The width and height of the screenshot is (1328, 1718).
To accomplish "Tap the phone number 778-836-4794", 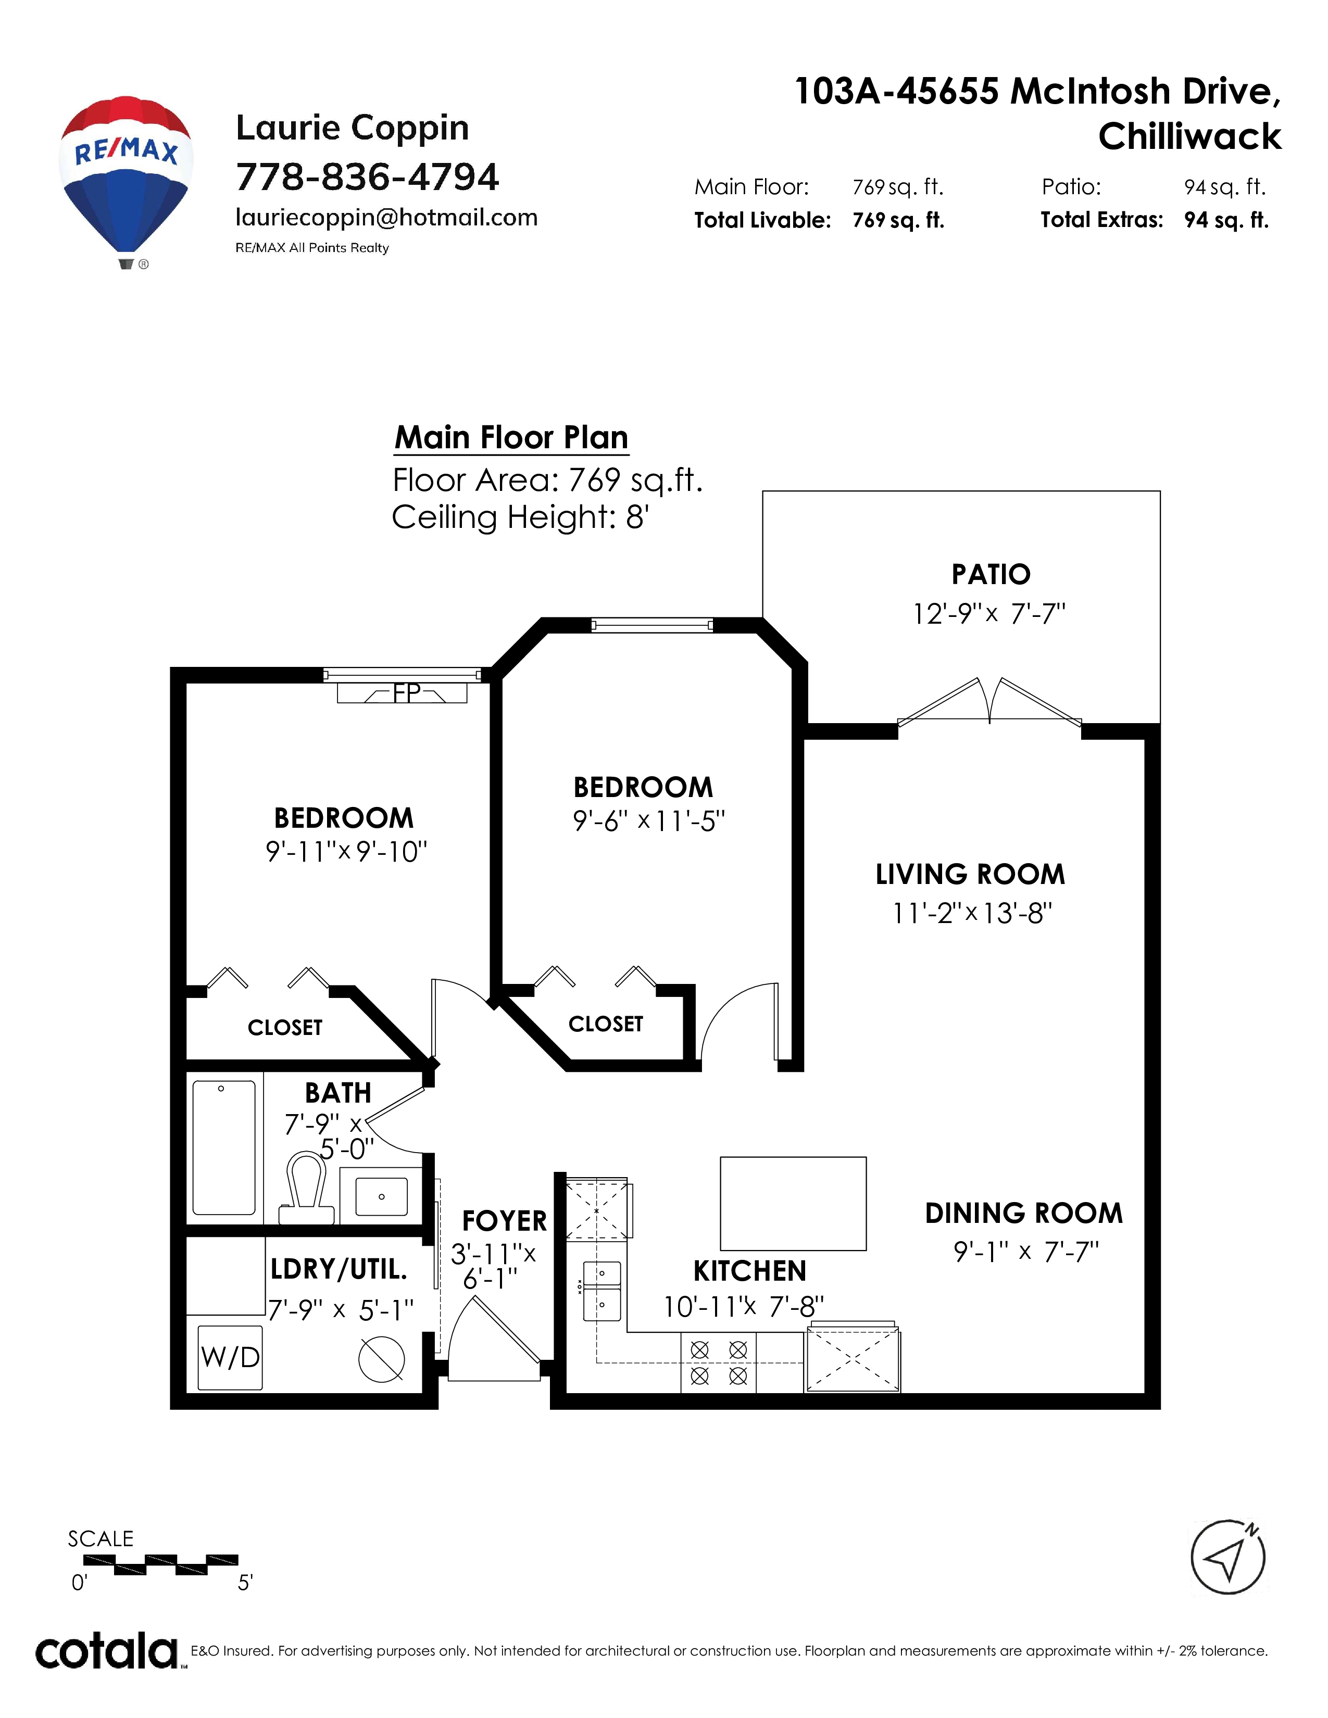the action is (367, 177).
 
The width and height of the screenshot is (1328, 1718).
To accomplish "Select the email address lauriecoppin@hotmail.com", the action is (386, 218).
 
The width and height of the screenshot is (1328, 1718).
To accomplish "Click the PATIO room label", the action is (991, 574).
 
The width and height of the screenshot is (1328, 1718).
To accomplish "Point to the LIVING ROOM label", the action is (970, 875).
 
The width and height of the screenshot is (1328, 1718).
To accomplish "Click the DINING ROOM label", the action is (1023, 1213).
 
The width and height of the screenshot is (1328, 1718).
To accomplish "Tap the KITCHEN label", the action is (750, 1271).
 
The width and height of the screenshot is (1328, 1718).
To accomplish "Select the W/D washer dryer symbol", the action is (230, 1357).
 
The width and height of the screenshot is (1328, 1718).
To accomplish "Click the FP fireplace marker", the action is (407, 693).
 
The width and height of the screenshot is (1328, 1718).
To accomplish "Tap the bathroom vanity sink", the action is (382, 1196).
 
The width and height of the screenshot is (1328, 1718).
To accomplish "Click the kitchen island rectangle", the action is (793, 1204).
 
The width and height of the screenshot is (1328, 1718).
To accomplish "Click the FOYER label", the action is (504, 1221).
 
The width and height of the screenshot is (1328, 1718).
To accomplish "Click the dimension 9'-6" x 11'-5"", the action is (648, 821).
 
